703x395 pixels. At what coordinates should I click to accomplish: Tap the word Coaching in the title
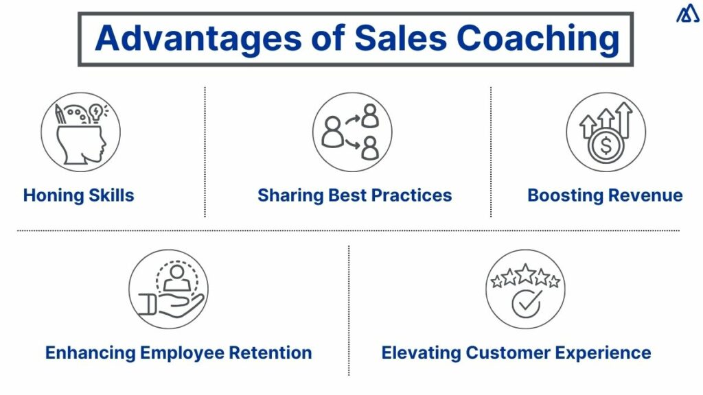pos(539,38)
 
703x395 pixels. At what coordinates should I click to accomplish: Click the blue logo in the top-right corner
pos(687,14)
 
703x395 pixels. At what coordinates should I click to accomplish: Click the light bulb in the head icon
pos(95,112)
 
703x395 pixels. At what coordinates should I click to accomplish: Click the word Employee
pos(183,353)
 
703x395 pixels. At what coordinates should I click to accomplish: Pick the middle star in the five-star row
pos(525,274)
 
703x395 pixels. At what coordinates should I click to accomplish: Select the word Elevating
pos(421,353)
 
